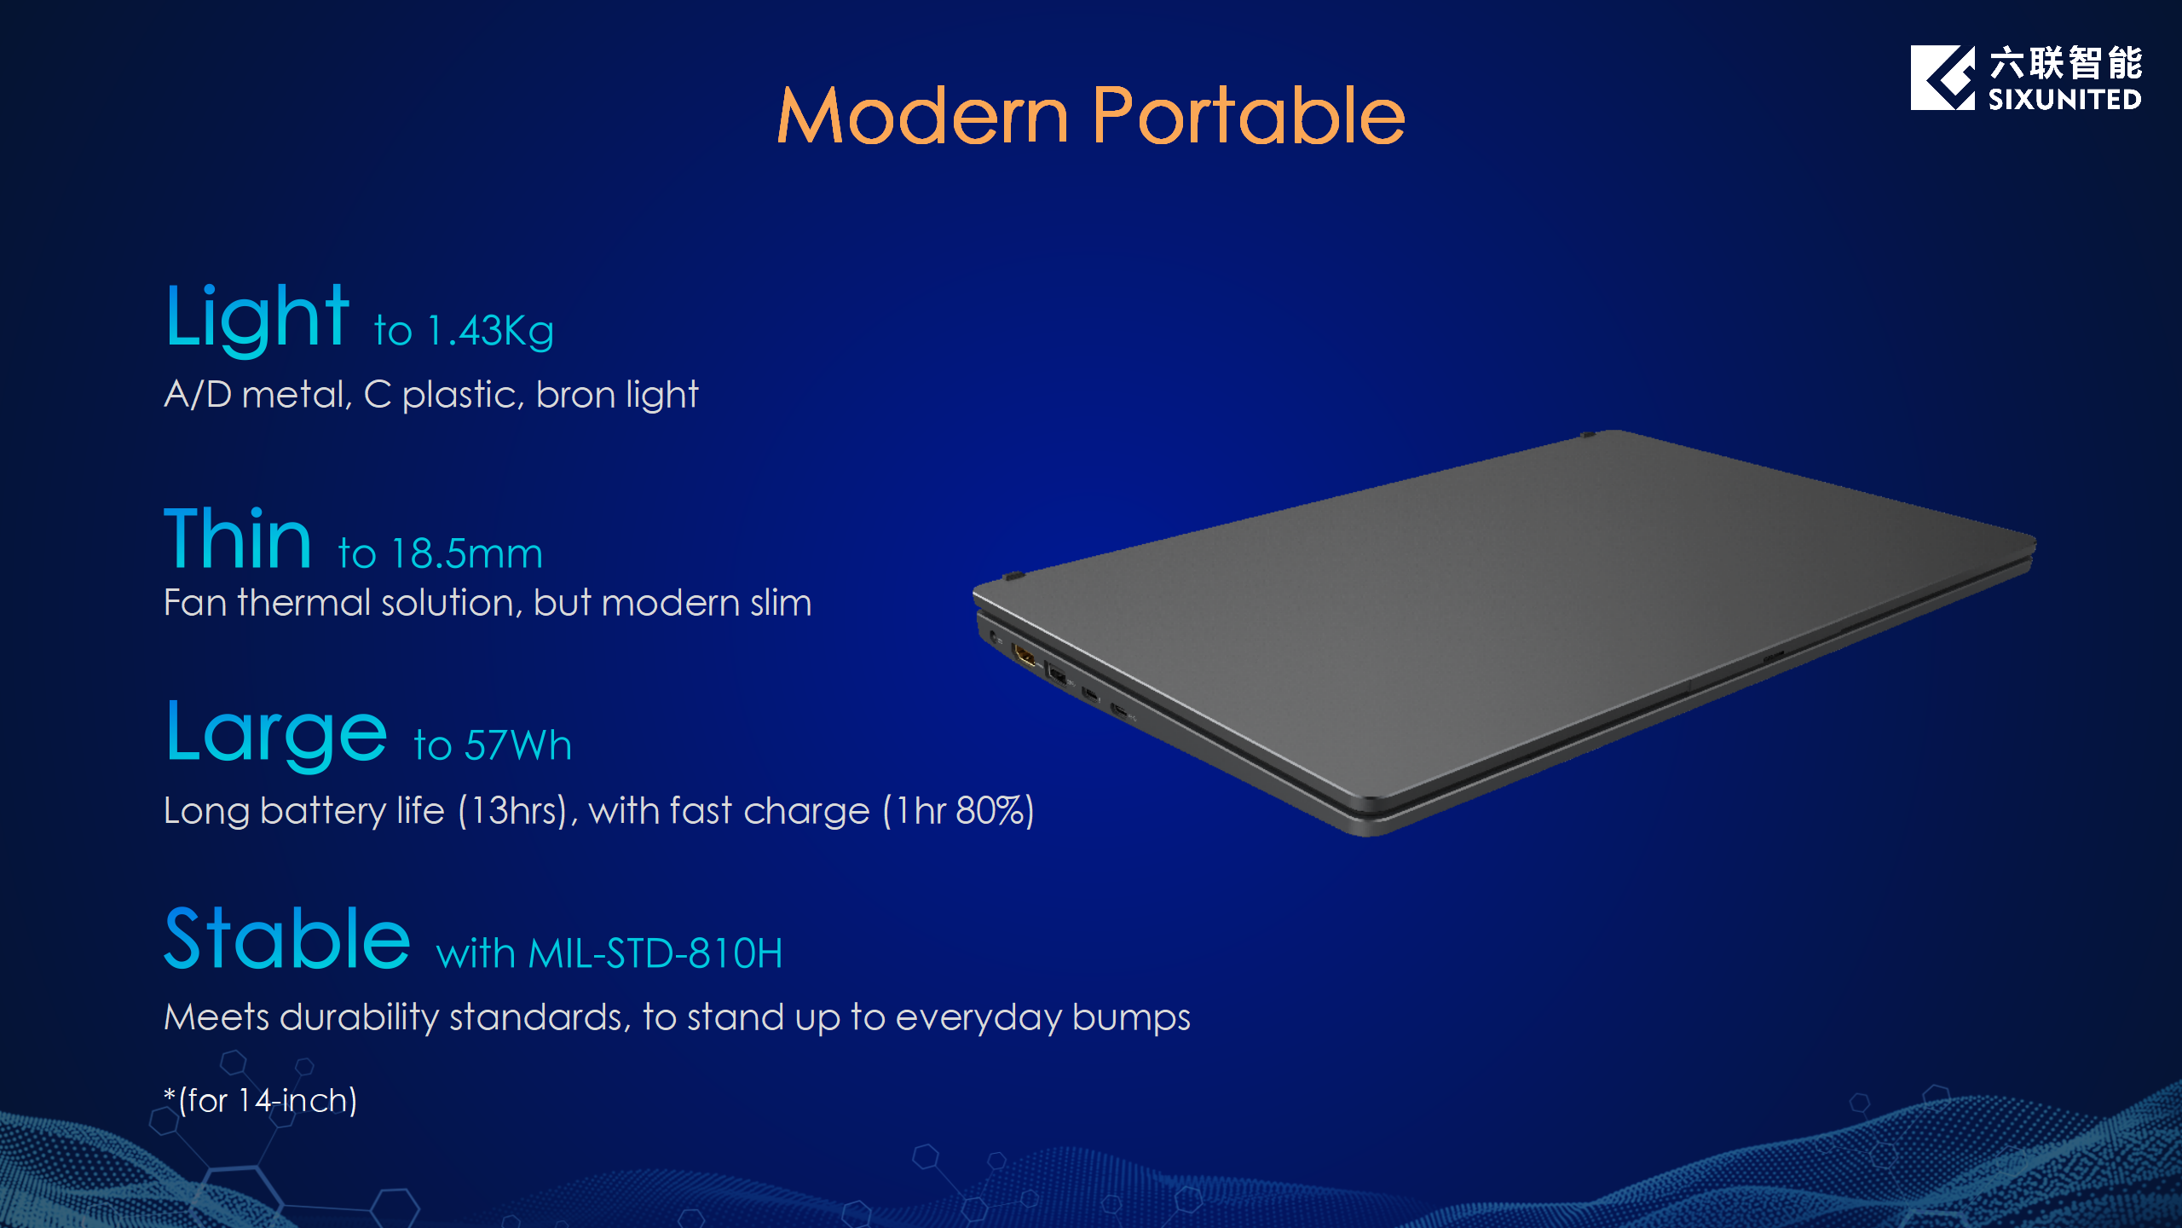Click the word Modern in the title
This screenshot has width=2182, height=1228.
click(922, 116)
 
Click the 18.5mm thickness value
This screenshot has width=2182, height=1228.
click(467, 554)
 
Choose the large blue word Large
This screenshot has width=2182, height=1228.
click(277, 734)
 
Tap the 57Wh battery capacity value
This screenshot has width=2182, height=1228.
click(518, 745)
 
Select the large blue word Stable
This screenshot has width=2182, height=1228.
click(287, 939)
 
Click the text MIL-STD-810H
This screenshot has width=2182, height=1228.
click(655, 953)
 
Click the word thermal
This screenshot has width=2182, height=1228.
click(304, 603)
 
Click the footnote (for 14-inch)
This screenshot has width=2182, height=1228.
click(261, 1101)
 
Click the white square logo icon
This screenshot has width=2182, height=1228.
click(1942, 78)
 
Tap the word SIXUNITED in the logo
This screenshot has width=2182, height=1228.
click(2064, 100)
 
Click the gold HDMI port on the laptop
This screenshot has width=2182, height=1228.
click(1024, 657)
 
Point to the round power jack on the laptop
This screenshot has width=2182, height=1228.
click(994, 636)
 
